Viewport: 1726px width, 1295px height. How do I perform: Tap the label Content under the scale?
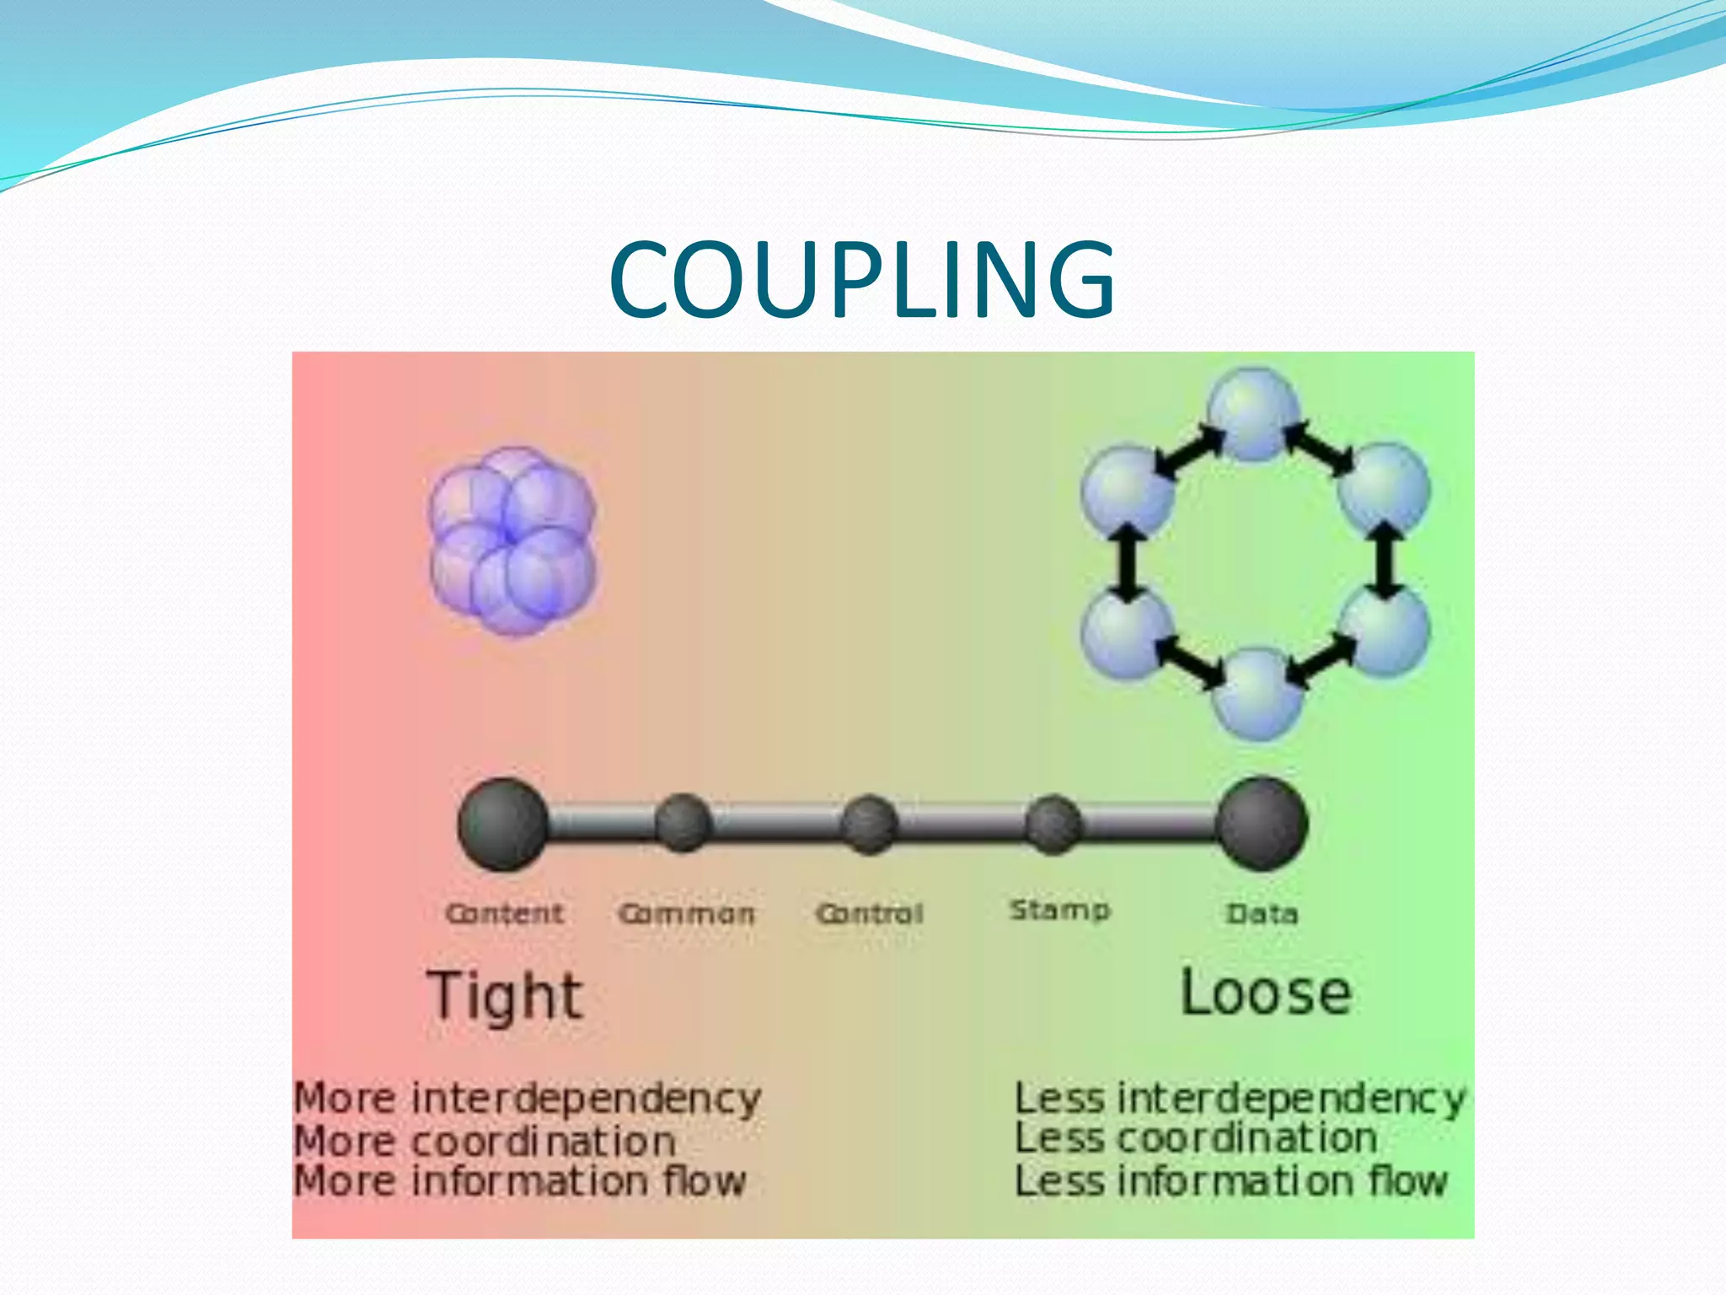click(x=504, y=913)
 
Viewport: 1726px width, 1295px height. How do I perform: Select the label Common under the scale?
click(x=687, y=914)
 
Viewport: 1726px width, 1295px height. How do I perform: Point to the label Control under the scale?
click(x=870, y=914)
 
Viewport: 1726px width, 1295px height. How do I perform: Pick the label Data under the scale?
click(x=1262, y=914)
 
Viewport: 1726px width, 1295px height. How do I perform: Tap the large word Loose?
click(x=1265, y=993)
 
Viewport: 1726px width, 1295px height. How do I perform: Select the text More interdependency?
click(x=527, y=1099)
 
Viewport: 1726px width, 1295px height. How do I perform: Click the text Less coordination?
click(x=1195, y=1139)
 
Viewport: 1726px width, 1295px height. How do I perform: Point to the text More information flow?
click(x=520, y=1181)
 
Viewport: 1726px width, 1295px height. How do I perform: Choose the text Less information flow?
click(x=1230, y=1181)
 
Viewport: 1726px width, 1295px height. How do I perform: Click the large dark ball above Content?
click(x=503, y=825)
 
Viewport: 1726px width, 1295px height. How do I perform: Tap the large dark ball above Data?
click(x=1262, y=825)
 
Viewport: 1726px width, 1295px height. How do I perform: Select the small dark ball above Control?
click(x=869, y=825)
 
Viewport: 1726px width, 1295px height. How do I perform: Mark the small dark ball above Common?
click(x=683, y=823)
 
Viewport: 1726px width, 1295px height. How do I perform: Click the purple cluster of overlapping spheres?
click(x=512, y=540)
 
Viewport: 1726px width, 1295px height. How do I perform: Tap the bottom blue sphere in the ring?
click(x=1257, y=695)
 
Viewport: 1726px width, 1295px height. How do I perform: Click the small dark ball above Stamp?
click(x=1053, y=824)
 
